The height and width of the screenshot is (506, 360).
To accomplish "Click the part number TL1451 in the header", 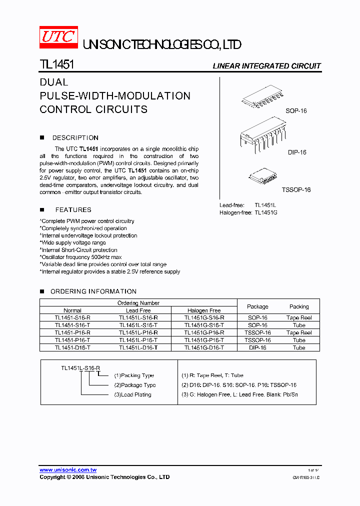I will tap(57, 65).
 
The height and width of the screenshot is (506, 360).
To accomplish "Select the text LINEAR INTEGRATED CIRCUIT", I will tap(266, 66).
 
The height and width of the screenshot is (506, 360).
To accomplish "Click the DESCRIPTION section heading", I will tap(75, 137).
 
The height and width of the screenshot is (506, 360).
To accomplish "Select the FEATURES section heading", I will tap(73, 210).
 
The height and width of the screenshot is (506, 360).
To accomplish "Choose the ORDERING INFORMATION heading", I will tap(93, 291).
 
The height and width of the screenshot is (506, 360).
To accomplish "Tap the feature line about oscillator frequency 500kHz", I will tap(81, 257).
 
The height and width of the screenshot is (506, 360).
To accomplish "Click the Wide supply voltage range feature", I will tap(73, 242).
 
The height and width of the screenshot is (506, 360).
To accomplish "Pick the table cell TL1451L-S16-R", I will tap(138, 317).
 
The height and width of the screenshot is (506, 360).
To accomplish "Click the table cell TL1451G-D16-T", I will tap(204, 347).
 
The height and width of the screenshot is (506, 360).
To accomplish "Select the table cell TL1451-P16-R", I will tap(72, 332).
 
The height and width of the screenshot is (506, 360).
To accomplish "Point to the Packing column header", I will tap(299, 306).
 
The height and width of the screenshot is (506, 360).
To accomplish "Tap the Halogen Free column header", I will tap(204, 310).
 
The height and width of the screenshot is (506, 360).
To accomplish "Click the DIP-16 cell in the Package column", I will tap(257, 347).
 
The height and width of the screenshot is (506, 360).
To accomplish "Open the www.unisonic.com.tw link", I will tap(68, 470).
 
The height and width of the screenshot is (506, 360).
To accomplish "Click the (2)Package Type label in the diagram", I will tap(135, 385).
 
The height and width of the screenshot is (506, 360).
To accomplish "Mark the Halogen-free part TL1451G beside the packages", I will tap(265, 212).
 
